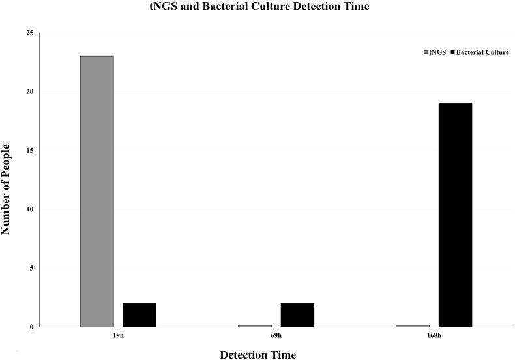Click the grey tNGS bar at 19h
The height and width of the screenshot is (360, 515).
(96, 191)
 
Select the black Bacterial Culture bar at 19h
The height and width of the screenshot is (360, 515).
(140, 314)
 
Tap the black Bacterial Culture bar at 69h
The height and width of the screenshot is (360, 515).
(297, 314)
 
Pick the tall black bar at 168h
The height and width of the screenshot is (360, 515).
(455, 215)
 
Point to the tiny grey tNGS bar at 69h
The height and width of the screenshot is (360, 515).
(254, 325)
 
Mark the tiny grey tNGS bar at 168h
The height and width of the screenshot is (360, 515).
(412, 325)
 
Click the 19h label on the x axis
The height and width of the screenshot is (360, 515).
(118, 337)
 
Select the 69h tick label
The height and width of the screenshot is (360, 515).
(276, 337)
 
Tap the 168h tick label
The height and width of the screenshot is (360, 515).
(434, 337)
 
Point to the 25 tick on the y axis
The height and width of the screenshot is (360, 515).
(30, 33)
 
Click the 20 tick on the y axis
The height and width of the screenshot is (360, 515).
(30, 91)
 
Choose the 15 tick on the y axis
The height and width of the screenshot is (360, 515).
(30, 151)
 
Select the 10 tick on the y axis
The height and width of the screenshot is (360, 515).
(30, 209)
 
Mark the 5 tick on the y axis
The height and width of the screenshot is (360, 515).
(32, 268)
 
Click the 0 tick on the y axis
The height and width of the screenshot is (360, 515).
(32, 327)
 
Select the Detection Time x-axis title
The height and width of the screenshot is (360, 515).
(257, 354)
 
